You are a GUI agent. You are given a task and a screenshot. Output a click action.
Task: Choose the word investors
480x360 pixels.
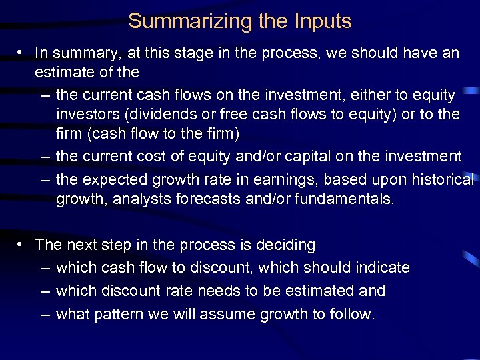tap(85, 114)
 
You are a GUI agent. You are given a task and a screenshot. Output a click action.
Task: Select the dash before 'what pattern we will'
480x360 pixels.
tap(44, 313)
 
